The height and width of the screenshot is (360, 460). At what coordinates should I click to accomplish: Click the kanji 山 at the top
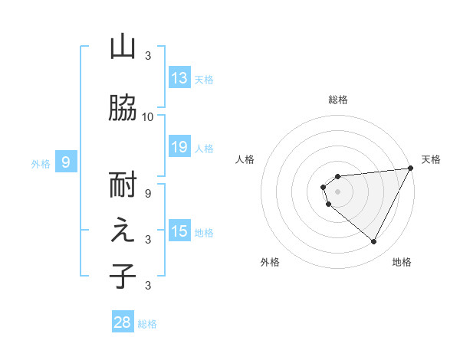click(x=123, y=47)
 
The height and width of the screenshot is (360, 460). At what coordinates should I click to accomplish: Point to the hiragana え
click(x=123, y=231)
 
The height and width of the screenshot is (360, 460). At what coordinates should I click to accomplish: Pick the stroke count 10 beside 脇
click(x=148, y=116)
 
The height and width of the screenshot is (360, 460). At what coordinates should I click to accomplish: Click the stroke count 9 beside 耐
click(x=148, y=193)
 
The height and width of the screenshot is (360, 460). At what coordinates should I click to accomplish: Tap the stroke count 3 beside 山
click(x=148, y=56)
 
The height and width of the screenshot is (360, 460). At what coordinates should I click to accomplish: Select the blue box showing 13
click(x=179, y=78)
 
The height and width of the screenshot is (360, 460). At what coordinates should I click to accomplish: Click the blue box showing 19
click(x=179, y=147)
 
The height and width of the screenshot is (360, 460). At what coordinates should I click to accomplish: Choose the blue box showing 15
click(x=179, y=231)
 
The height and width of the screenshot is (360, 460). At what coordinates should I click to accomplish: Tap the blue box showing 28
click(x=122, y=322)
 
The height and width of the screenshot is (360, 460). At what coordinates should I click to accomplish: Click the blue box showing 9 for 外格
click(x=66, y=162)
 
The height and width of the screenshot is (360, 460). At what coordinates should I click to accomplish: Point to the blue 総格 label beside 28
click(x=147, y=324)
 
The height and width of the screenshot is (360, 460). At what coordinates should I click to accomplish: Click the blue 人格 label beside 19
click(x=204, y=149)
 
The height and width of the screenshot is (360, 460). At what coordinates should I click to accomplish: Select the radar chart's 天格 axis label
click(x=431, y=159)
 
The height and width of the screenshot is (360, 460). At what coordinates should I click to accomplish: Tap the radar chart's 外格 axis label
click(x=270, y=262)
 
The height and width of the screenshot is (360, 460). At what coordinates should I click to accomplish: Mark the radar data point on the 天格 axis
click(x=411, y=168)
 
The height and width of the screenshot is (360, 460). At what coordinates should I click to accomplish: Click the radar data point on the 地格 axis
click(x=374, y=241)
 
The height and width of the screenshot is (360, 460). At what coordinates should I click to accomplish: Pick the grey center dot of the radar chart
click(x=337, y=191)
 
